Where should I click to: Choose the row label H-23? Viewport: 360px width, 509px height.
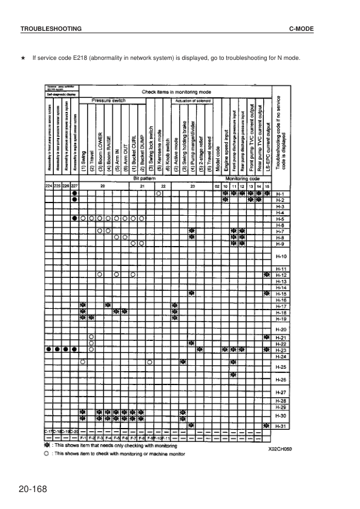280,350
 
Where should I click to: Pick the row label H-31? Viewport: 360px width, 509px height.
280,426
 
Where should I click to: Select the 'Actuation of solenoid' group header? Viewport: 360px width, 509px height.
192,100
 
